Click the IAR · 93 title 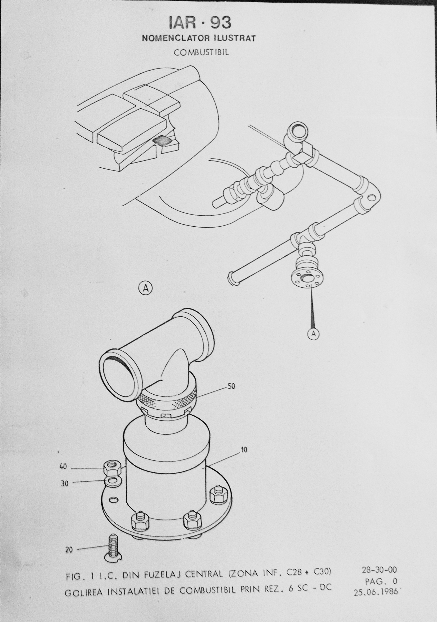tap(200, 23)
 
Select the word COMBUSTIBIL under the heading tap(201, 52)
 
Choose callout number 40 tap(63, 467)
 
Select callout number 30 tap(65, 484)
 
